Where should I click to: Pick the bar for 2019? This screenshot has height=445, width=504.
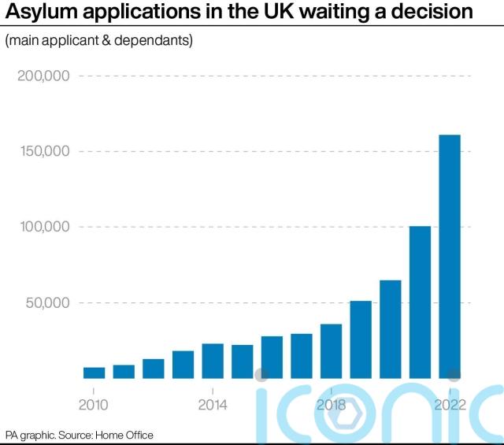(361, 339)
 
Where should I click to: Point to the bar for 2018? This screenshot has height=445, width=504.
(331, 350)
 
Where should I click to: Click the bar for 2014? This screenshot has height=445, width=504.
(213, 361)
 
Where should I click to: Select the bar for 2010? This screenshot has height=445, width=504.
(94, 373)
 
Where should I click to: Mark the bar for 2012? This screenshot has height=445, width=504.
(154, 369)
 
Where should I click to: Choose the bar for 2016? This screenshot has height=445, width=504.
(272, 357)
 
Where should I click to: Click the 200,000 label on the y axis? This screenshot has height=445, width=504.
(43, 76)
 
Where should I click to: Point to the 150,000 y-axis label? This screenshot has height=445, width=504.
(43, 151)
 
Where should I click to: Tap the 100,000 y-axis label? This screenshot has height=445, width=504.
(43, 227)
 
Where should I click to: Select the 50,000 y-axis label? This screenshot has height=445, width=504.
(47, 302)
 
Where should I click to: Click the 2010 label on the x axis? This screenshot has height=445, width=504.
(94, 405)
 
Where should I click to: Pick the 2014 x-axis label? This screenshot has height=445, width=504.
(213, 405)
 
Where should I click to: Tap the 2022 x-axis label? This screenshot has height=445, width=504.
(450, 405)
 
